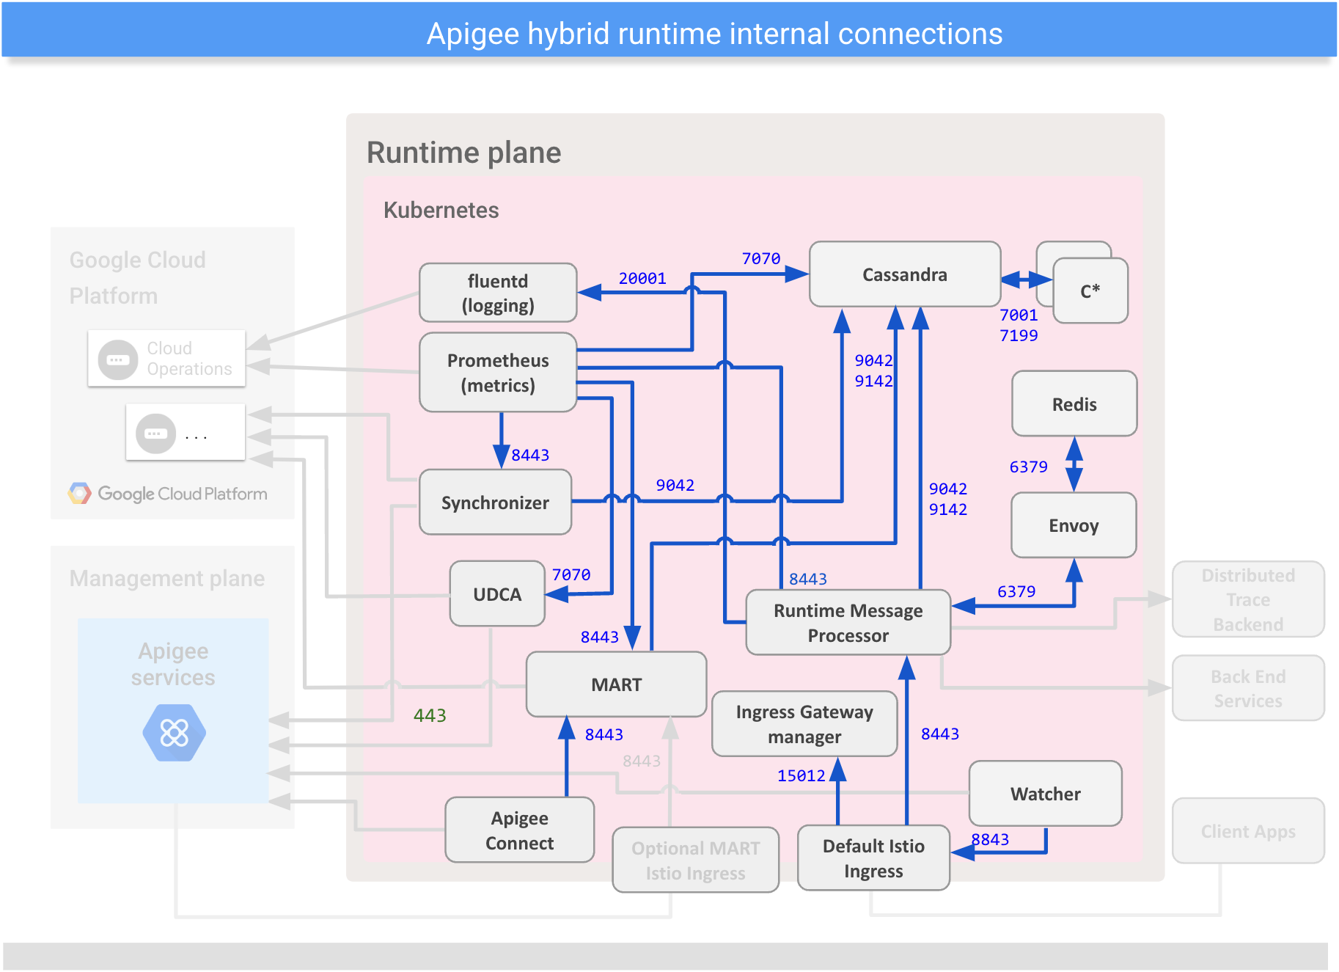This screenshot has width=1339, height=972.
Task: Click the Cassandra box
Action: coord(904,274)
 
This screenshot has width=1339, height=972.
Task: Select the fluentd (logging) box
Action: coord(497,293)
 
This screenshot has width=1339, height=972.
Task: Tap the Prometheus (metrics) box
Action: coord(497,373)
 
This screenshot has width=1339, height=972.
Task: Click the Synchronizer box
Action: coord(495,503)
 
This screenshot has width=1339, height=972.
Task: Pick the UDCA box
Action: coord(496,594)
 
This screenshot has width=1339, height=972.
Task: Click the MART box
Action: coord(616,684)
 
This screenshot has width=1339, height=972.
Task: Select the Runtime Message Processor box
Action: coord(848,623)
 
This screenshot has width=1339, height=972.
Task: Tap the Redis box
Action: coord(1074,404)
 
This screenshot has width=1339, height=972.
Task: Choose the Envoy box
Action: coord(1073,525)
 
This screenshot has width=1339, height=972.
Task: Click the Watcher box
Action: coord(1045,794)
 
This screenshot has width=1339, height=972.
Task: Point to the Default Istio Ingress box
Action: coord(873,858)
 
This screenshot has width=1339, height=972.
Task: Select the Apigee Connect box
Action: coord(519,830)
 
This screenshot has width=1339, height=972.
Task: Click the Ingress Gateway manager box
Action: coord(804,724)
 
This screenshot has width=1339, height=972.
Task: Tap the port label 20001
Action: coord(642,279)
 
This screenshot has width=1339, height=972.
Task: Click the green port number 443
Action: coord(430,715)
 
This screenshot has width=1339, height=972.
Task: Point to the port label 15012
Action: coord(801,776)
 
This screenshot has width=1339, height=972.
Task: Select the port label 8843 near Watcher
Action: coord(990,839)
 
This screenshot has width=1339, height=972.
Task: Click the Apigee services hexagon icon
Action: coord(174,733)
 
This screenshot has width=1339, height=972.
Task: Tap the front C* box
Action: coord(1090,291)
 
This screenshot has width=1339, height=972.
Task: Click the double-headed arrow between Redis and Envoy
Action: coord(1074,464)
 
